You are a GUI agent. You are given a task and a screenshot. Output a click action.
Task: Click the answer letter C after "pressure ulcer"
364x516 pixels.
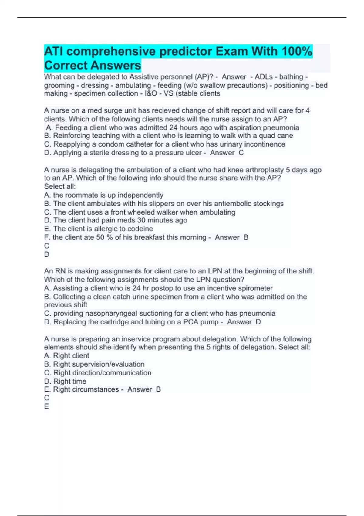pyautogui.click(x=241, y=153)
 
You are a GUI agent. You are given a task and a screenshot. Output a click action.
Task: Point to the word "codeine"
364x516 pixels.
pyautogui.click(x=141, y=229)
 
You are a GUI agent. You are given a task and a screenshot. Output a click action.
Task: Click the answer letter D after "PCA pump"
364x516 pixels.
pyautogui.click(x=258, y=322)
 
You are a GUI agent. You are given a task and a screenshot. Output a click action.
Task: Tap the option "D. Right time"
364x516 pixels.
pyautogui.click(x=65, y=381)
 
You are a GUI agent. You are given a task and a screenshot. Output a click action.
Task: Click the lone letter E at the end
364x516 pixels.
pyautogui.click(x=46, y=406)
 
